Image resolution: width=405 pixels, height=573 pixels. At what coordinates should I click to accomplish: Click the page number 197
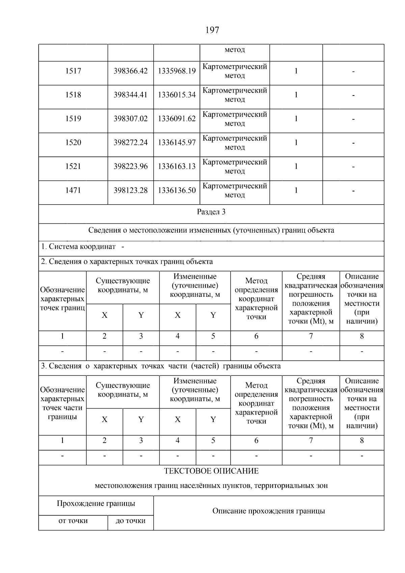(212, 30)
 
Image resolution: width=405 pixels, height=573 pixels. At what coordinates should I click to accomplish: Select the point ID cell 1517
(73, 71)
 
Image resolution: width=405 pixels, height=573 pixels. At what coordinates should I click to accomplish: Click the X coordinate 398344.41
(131, 95)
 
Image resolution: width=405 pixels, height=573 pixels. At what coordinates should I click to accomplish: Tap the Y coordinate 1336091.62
(177, 119)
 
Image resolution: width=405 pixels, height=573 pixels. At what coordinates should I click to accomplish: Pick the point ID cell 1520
(73, 142)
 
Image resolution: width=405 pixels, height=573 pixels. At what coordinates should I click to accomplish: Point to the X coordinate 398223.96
(131, 166)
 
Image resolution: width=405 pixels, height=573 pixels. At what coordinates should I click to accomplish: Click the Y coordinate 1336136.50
(177, 190)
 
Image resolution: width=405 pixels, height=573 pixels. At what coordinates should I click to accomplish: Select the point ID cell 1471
(73, 190)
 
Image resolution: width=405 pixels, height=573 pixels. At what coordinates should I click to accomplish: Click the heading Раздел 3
(211, 212)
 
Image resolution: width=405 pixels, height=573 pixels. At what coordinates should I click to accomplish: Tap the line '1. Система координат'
(78, 247)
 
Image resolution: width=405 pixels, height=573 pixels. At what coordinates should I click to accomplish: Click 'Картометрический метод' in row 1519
(235, 119)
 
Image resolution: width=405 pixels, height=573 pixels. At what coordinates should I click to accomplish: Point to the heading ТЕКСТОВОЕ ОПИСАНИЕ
(211, 471)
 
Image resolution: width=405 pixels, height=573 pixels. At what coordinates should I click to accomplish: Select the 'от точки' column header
(73, 521)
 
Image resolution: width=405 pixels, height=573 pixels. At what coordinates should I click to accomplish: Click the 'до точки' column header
(131, 521)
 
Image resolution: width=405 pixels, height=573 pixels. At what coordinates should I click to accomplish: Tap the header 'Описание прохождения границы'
(269, 511)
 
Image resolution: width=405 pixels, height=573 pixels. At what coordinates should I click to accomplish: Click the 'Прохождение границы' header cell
(96, 503)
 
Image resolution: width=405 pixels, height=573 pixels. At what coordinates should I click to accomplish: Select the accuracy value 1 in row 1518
(296, 95)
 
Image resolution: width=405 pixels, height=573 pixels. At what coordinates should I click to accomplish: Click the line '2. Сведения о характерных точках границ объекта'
(127, 262)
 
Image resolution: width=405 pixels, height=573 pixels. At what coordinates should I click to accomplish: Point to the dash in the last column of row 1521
(353, 167)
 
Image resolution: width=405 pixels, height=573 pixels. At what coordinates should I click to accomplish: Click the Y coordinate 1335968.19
(177, 71)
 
